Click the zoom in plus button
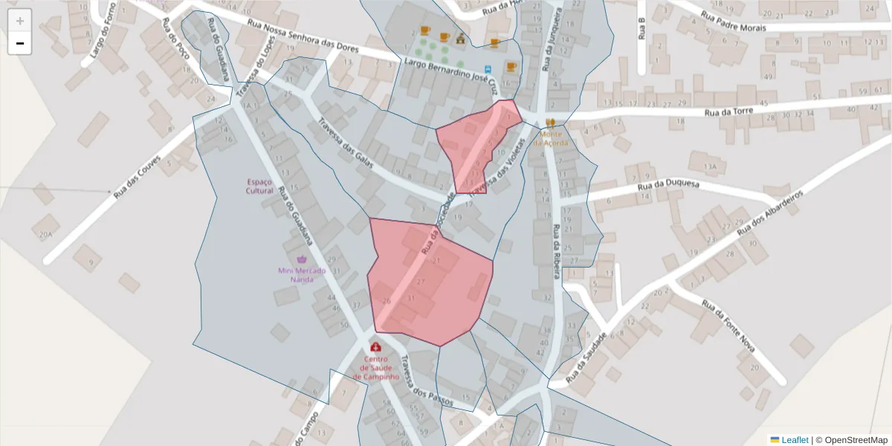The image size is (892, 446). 20,21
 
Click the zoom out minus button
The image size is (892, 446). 20,43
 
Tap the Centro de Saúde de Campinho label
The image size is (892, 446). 376,367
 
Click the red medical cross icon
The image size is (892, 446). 376,347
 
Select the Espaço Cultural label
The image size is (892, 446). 259,186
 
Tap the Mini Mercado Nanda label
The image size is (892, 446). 302,275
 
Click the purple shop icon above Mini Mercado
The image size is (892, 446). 302,259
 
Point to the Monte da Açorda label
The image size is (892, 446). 551,138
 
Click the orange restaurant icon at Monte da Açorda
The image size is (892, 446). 551,123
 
